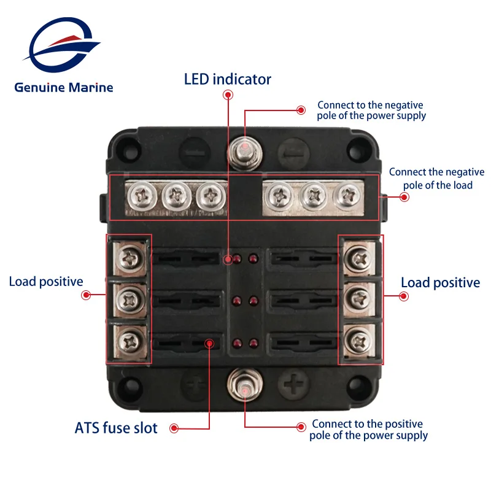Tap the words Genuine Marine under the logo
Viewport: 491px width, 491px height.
tap(64, 87)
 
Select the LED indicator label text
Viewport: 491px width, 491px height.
tap(228, 79)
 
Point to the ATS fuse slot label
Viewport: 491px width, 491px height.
tap(117, 428)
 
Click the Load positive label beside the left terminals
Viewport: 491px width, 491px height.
tap(46, 282)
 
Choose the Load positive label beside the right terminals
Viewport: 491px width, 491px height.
tap(440, 282)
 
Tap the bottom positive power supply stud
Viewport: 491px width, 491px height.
tap(244, 387)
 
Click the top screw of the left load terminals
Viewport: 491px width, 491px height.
tap(130, 257)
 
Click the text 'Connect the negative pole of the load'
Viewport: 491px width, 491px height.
tap(436, 179)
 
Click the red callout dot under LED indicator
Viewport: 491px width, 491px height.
tap(228, 95)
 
